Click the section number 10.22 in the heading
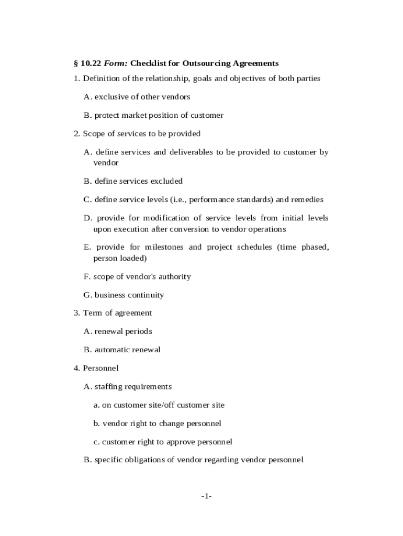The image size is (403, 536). [x=91, y=63]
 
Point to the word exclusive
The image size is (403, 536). [x=112, y=97]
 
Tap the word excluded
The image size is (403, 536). [x=166, y=181]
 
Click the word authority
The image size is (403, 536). [x=173, y=276]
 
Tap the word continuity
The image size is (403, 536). [x=146, y=295]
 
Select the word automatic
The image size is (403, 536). [x=112, y=350]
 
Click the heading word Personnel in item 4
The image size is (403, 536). [x=100, y=368]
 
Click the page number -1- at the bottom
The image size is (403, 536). [x=205, y=496]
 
